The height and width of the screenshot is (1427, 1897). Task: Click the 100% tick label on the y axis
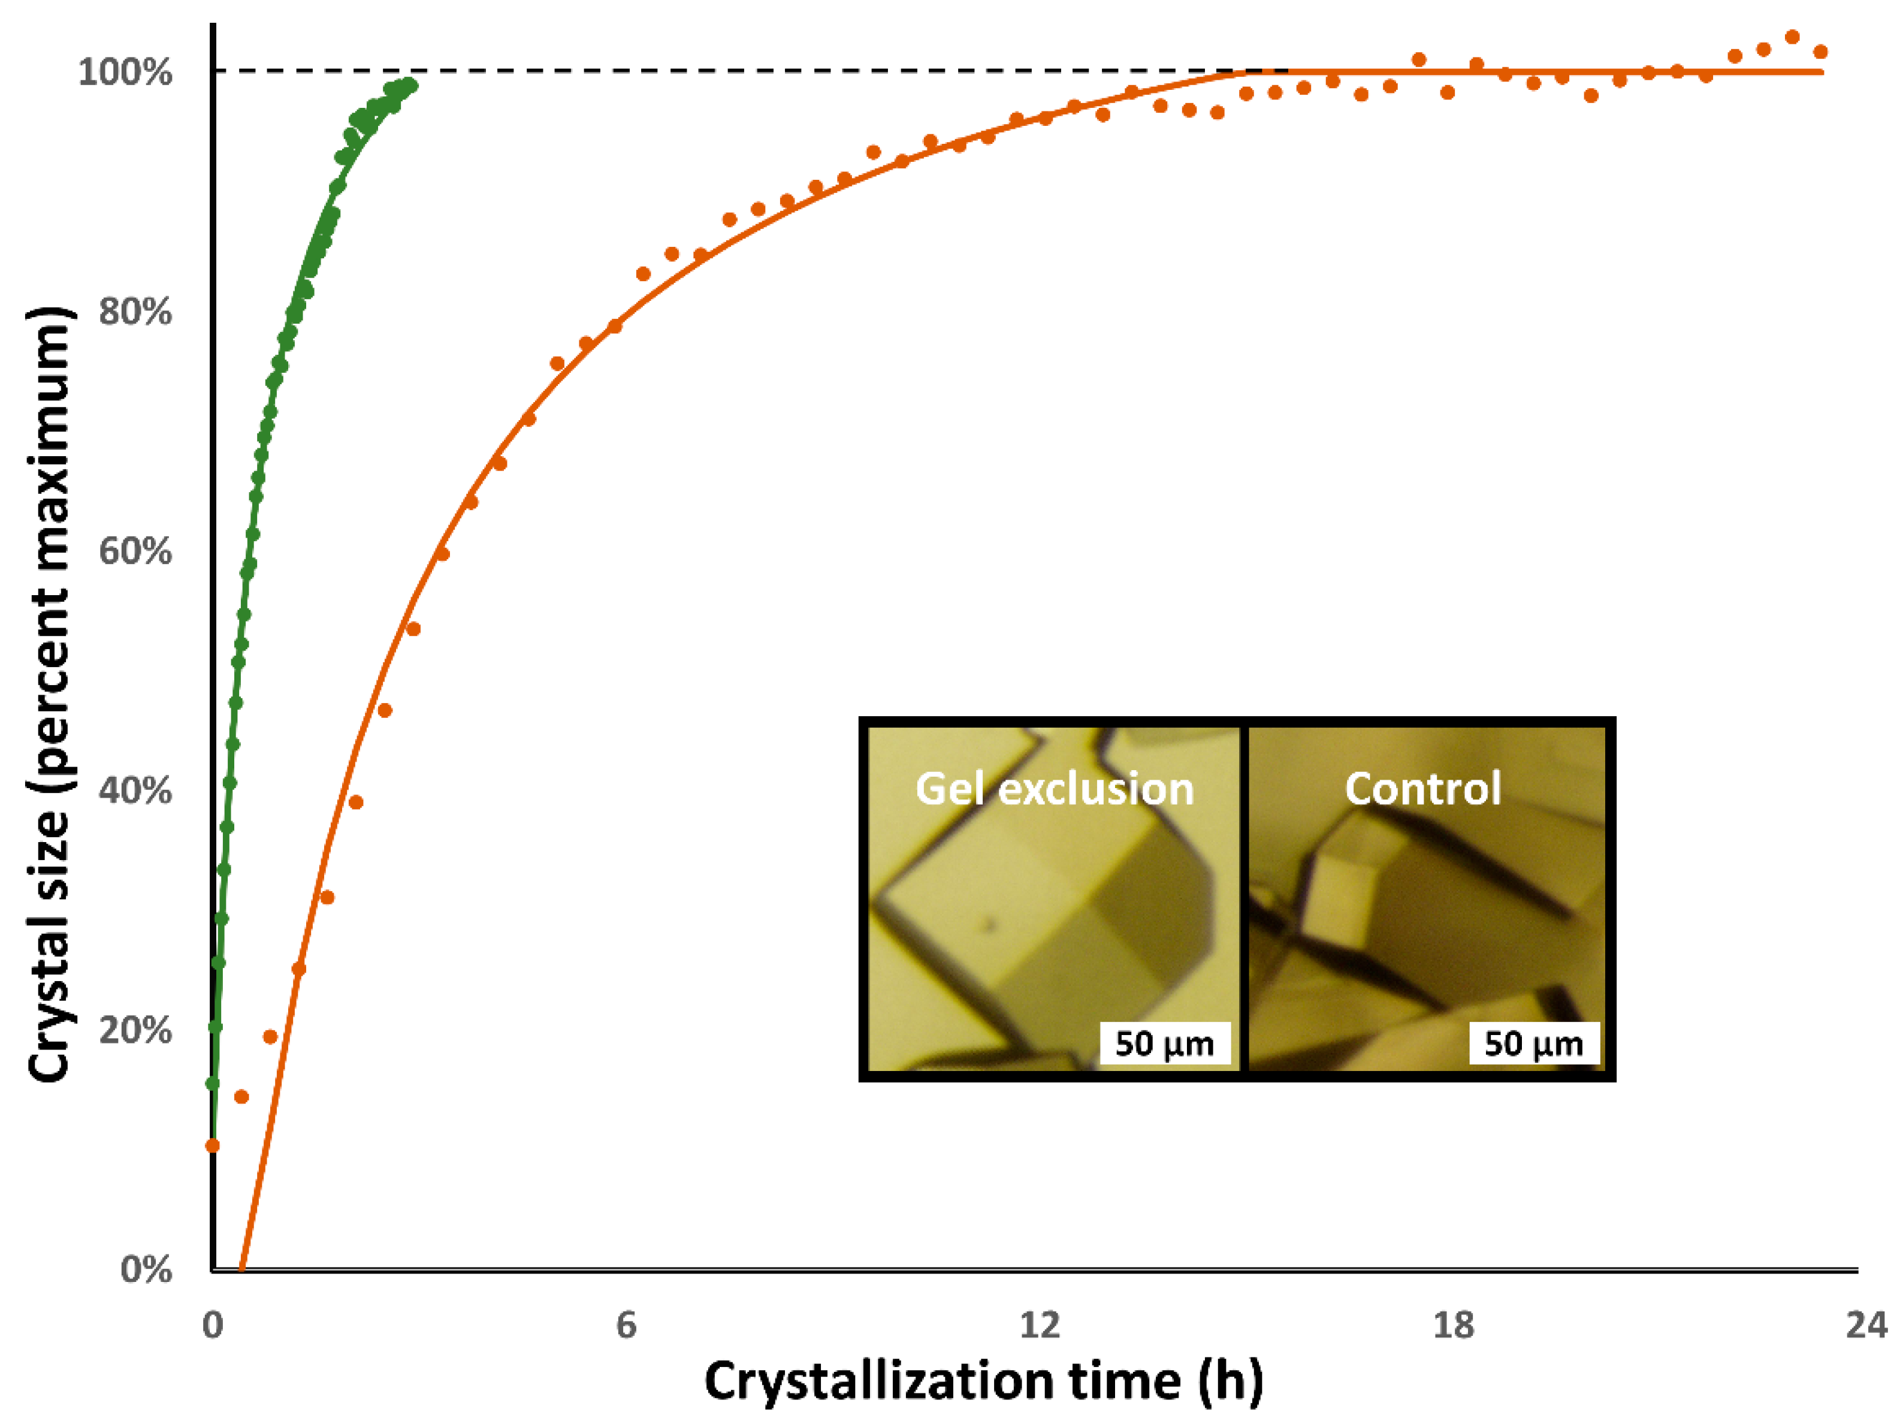tap(125, 71)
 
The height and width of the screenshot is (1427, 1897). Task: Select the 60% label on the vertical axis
tap(135, 551)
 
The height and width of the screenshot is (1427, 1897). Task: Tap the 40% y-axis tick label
tap(135, 790)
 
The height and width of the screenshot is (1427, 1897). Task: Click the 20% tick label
tap(135, 1029)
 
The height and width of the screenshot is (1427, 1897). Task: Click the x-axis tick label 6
tap(626, 1326)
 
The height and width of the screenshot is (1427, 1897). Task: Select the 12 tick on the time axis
tap(1040, 1326)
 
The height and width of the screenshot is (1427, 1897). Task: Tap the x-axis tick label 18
tap(1453, 1326)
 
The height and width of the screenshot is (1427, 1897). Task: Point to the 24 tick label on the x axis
tap(1866, 1326)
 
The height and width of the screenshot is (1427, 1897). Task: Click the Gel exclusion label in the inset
tap(1054, 788)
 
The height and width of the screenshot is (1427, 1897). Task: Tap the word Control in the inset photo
tap(1422, 788)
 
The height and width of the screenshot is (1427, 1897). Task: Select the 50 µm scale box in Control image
tap(1533, 1043)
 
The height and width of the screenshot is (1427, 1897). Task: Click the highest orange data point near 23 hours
tap(1792, 37)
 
